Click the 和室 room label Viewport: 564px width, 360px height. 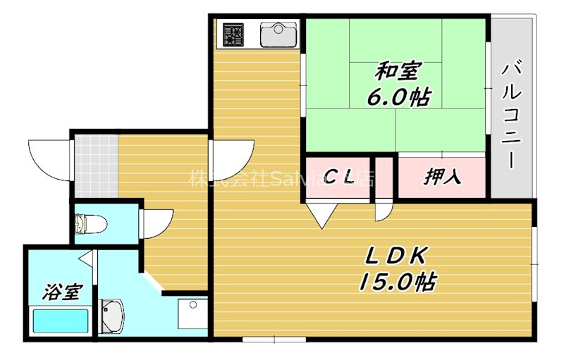click(x=398, y=72)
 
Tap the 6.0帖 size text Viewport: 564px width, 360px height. click(x=398, y=97)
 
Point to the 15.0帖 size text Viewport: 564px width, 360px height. click(x=396, y=282)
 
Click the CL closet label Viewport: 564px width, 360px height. click(x=338, y=178)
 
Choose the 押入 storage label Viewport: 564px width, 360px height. click(x=443, y=177)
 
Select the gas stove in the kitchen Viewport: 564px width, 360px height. click(x=233, y=35)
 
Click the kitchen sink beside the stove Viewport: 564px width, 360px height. click(x=280, y=34)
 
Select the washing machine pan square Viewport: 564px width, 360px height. click(x=192, y=314)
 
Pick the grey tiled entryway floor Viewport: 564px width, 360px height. click(x=96, y=166)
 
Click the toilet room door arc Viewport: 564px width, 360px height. click(x=156, y=224)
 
